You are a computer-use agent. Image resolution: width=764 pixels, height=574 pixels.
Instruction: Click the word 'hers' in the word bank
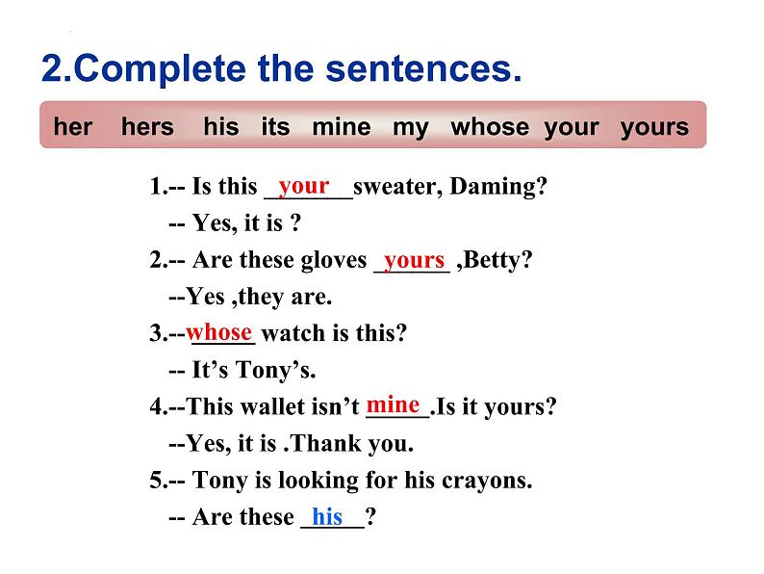pos(147,126)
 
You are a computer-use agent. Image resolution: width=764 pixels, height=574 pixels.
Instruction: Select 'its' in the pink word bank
pos(275,126)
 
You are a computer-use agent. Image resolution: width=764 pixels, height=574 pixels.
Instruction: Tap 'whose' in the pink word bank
pos(490,126)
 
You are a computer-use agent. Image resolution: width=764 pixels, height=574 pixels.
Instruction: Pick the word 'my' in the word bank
pos(410,128)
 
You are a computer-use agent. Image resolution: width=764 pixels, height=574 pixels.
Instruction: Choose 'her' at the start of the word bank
pos(72,126)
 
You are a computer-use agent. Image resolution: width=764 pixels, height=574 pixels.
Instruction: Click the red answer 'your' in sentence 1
pos(304,186)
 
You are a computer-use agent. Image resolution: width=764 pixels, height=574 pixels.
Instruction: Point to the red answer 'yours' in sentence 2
pos(414,260)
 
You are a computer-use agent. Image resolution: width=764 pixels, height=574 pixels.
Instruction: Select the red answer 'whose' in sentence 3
pos(218,332)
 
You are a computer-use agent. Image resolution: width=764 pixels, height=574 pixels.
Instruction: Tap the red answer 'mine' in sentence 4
pos(393,404)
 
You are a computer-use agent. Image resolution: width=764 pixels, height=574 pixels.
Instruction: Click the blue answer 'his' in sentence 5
pos(327,516)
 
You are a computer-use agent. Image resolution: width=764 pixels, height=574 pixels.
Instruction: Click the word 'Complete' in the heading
pos(161,68)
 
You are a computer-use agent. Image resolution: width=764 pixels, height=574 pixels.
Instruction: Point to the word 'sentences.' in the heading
pos(424,68)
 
